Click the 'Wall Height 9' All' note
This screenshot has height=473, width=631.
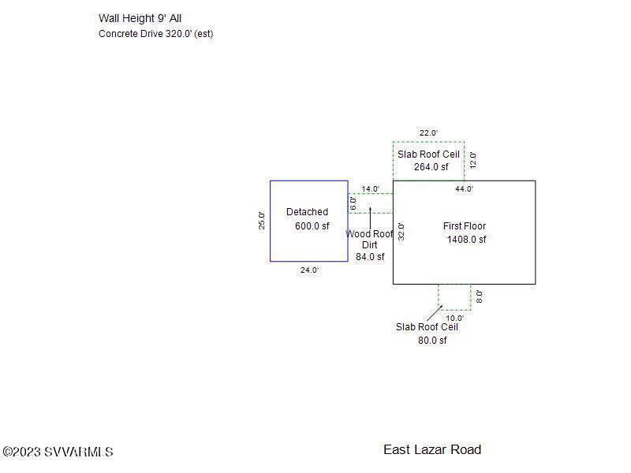140,18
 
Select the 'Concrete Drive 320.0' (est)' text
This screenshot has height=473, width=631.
155,34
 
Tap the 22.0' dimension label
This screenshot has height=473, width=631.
428,132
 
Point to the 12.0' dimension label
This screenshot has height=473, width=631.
473,160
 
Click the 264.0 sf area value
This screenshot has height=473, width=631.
431,167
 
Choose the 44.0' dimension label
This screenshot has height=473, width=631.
464,188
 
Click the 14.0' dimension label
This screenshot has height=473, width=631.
370,188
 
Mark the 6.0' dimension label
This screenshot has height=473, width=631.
353,203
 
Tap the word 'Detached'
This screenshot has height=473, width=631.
307,212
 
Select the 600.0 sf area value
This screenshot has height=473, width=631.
312,226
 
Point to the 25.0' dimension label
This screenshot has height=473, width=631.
262,221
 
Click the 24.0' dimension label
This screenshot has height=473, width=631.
309,270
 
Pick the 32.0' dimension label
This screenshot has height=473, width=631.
401,232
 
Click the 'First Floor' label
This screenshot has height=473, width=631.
465,226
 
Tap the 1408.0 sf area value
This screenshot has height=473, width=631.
466,240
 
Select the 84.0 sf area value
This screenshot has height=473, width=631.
370,257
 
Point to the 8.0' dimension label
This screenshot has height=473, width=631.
479,296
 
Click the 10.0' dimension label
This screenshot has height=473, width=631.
455,318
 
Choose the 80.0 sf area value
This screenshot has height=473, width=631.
432,341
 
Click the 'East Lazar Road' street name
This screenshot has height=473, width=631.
432,449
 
